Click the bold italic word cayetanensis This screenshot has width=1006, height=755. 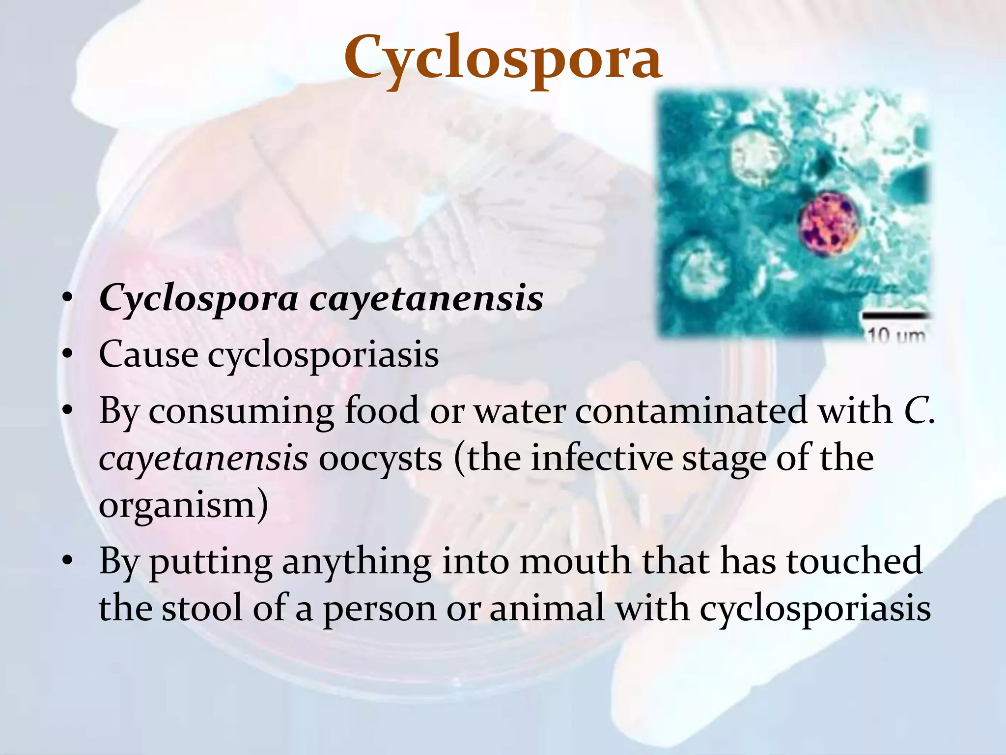[426, 299]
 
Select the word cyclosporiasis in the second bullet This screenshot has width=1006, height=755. [323, 355]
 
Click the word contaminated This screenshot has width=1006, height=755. [691, 411]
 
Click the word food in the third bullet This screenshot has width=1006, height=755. [382, 411]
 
